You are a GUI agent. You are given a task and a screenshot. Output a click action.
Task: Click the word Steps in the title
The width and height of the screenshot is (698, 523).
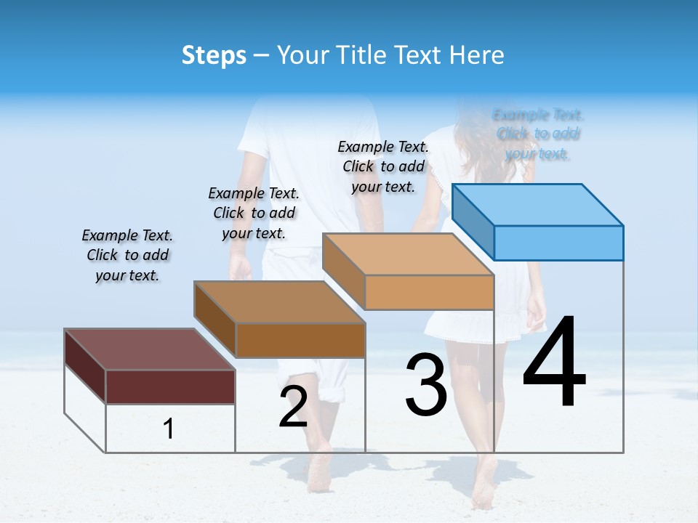point(214,55)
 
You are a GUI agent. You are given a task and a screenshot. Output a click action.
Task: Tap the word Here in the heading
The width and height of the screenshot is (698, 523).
point(476,55)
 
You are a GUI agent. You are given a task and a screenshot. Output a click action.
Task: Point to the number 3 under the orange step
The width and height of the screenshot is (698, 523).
point(425,385)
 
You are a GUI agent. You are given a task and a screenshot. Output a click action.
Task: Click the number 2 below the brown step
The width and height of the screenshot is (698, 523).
point(293,407)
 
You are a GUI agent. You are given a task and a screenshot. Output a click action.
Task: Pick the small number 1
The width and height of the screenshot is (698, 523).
point(169,429)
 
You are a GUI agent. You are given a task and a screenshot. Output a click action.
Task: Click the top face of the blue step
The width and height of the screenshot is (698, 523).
point(538,205)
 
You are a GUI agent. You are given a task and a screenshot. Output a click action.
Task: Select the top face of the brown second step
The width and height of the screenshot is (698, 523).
point(280,302)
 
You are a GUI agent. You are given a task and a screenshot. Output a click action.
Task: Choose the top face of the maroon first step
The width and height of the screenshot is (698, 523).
point(150,349)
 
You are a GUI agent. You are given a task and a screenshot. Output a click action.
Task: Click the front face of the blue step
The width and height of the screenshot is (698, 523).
point(558,243)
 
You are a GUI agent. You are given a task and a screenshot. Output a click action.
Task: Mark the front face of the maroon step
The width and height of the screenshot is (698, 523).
point(170,386)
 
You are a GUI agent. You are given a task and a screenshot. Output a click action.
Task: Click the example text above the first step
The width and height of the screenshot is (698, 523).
point(127,256)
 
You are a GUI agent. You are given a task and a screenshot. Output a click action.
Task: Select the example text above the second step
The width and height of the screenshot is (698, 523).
point(254,213)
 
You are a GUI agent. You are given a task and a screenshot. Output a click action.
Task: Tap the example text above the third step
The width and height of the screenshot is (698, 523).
point(383,166)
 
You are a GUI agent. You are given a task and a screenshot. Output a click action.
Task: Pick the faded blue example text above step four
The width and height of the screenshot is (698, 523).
point(538,134)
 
